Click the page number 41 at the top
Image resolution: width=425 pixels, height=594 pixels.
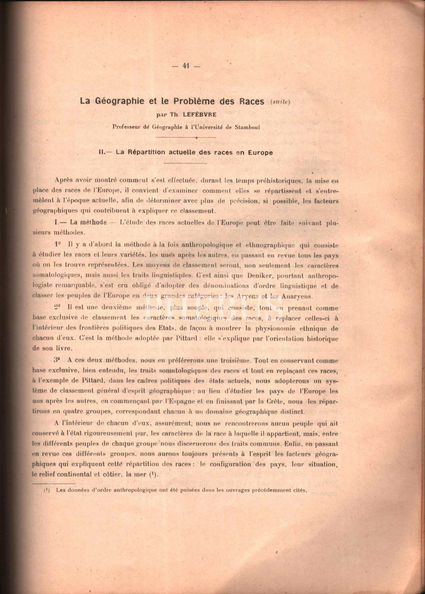click(x=186, y=66)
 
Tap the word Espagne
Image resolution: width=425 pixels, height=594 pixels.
click(x=187, y=402)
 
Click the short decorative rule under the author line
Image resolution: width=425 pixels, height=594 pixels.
click(x=186, y=137)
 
